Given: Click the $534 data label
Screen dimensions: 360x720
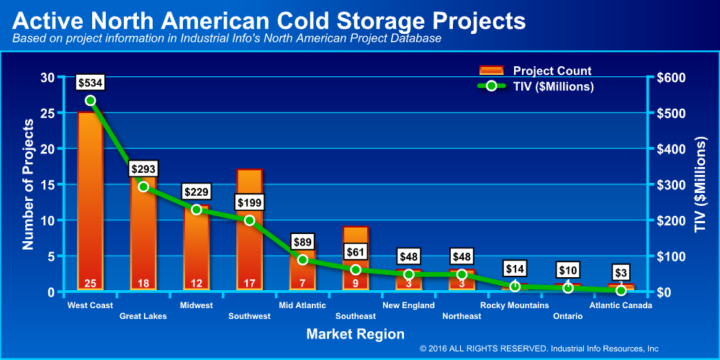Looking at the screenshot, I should [x=90, y=83].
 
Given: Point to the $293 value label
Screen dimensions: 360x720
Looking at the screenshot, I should [x=143, y=169].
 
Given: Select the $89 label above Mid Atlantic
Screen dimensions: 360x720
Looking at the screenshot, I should [x=302, y=242].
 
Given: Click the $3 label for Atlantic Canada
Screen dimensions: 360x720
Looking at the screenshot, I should [x=621, y=273].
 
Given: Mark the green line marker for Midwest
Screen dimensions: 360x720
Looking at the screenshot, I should [x=196, y=210].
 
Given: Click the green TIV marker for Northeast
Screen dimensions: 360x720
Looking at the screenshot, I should [x=462, y=274].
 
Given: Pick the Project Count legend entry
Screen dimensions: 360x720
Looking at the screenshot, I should [x=536, y=71].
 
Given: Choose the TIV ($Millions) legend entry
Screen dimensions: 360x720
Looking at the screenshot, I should [x=536, y=86].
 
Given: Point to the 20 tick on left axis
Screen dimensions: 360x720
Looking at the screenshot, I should [x=47, y=149].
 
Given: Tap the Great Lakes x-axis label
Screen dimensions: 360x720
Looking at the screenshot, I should [x=143, y=316].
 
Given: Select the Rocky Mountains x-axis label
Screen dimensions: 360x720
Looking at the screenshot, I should [x=515, y=305].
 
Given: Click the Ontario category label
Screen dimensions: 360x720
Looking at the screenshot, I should [x=568, y=316].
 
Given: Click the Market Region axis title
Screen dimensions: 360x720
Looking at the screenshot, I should [x=356, y=334].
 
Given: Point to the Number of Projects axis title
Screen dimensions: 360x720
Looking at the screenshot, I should [x=28, y=184].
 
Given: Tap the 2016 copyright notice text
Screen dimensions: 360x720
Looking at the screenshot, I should [x=539, y=348].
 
